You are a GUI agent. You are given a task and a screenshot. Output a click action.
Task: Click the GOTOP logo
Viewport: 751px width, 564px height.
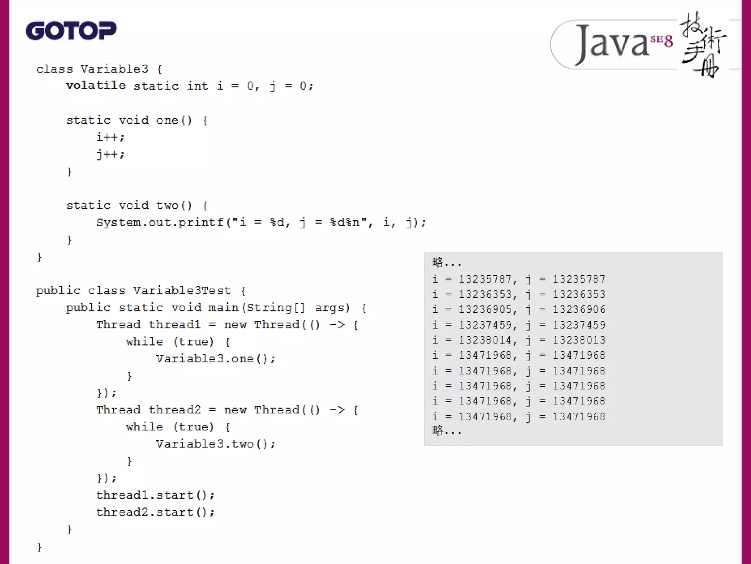[71, 30]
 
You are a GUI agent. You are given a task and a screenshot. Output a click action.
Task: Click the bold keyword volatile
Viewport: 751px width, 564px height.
[96, 86]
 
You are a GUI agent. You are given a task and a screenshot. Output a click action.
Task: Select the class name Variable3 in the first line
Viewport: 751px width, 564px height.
[114, 69]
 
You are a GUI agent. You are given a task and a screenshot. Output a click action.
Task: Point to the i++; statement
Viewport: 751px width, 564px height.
[110, 137]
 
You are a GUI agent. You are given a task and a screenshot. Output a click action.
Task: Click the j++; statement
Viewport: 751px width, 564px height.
[110, 154]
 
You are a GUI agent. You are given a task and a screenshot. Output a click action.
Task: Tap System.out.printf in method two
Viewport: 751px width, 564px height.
[160, 223]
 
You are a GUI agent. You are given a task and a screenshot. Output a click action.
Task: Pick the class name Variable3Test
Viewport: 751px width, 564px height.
[182, 291]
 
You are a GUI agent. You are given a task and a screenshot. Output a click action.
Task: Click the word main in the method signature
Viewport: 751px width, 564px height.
[223, 308]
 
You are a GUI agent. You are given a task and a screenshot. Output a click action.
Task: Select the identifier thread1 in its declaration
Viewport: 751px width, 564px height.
[175, 325]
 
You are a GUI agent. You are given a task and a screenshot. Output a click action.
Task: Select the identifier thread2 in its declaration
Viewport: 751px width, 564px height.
[175, 410]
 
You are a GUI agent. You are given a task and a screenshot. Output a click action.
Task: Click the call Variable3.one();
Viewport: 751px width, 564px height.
[216, 359]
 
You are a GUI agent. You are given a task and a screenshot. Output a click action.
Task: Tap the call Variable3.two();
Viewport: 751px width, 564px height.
[216, 444]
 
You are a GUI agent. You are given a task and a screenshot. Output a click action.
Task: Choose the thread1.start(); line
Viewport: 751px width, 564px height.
[155, 495]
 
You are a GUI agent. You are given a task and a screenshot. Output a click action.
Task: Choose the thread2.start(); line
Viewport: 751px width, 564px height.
[155, 512]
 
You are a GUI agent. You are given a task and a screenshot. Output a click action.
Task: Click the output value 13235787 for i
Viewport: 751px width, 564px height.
[485, 279]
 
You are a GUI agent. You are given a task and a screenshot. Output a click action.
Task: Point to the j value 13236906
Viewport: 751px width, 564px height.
[579, 310]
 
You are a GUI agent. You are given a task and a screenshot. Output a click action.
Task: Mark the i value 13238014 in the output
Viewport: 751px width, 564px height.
[485, 340]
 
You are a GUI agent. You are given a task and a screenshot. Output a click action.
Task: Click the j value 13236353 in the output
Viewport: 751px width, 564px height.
[579, 294]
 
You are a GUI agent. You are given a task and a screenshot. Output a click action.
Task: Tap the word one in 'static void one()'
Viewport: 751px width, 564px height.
[167, 120]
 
